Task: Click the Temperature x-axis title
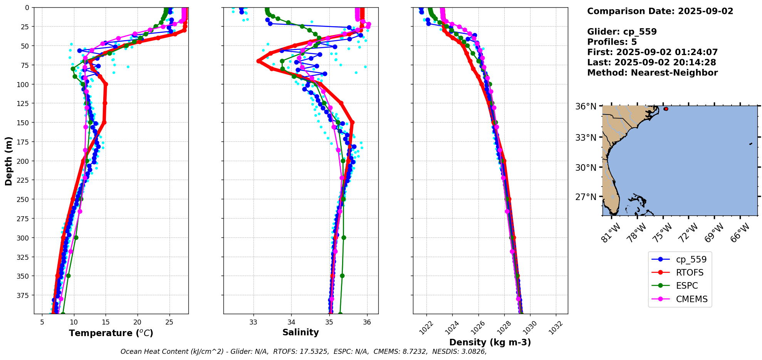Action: point(111,333)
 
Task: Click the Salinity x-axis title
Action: point(300,333)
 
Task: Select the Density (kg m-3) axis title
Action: point(490,342)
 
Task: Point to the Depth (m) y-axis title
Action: point(9,161)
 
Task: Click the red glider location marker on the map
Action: point(666,109)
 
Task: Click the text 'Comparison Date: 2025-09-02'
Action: point(660,11)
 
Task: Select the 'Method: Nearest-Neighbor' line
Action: point(652,73)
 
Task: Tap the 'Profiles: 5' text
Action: point(612,42)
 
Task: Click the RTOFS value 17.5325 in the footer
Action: point(314,352)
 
